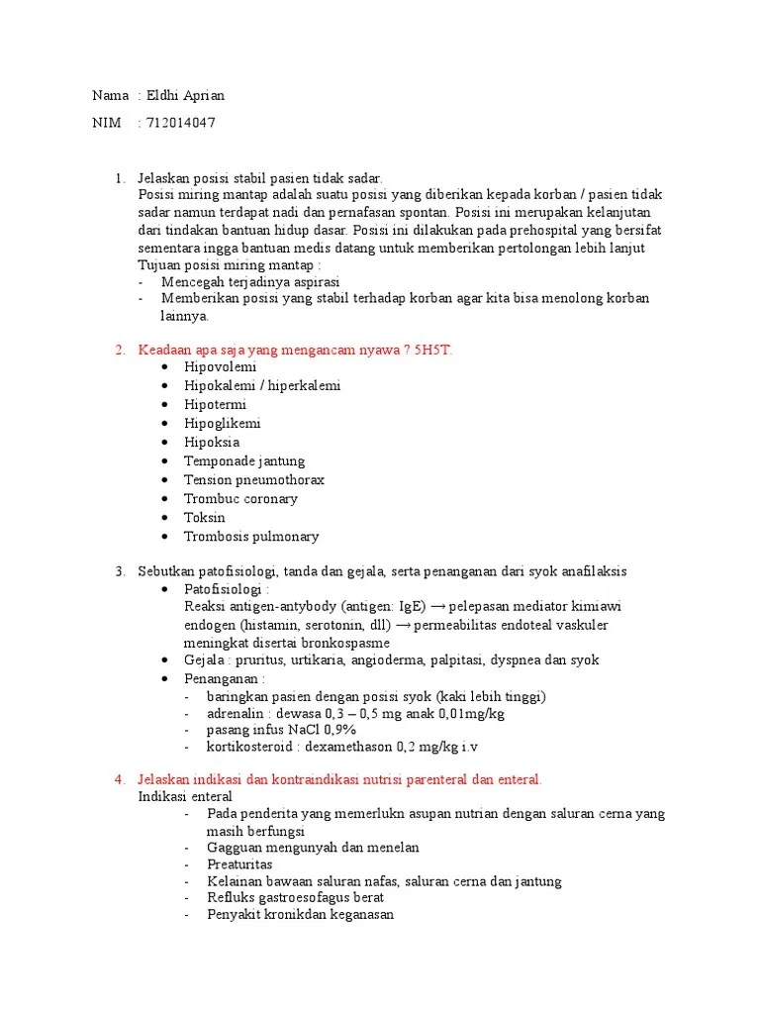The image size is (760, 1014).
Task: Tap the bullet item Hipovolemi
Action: point(220,367)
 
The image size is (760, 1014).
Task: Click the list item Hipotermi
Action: point(215,405)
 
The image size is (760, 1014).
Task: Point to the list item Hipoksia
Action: point(212,443)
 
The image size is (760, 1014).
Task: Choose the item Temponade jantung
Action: point(244,461)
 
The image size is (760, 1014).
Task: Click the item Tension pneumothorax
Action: point(254,480)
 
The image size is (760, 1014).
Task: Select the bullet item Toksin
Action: point(205,518)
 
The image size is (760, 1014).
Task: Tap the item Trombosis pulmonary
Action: point(251,537)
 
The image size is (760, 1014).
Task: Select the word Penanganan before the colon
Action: point(219,678)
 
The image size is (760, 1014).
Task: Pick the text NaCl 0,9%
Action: point(314,730)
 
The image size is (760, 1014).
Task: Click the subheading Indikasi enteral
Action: point(185,796)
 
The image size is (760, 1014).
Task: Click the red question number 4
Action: point(120,780)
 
